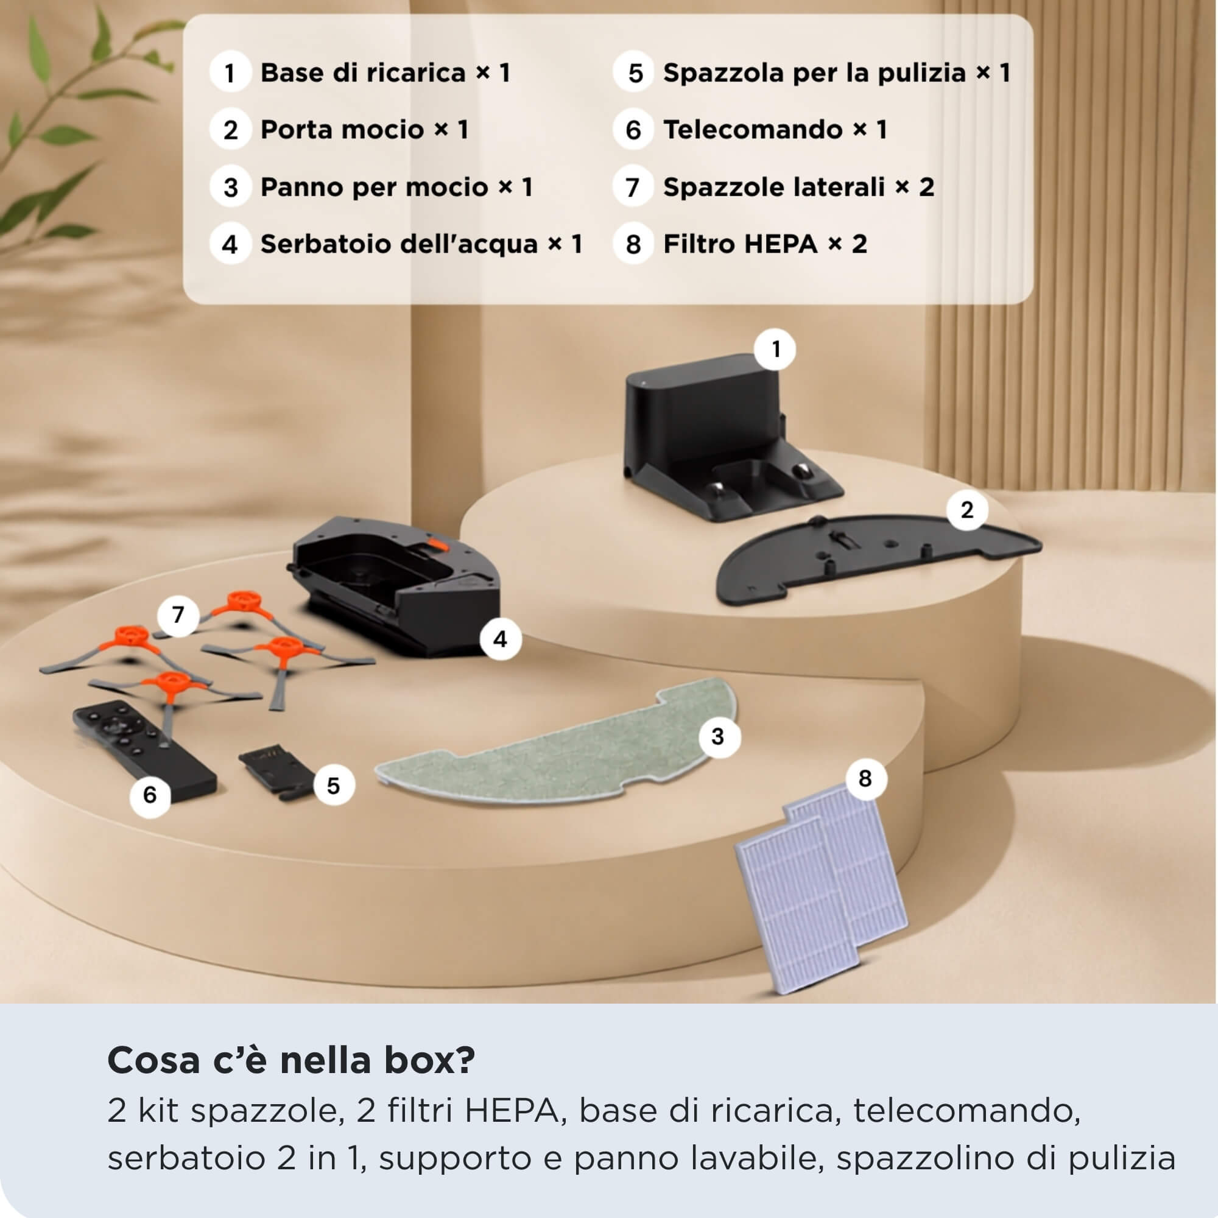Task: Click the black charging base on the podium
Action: point(719,442)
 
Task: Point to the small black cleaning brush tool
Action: point(277,772)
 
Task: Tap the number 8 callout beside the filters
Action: point(865,778)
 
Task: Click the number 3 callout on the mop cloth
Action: point(718,736)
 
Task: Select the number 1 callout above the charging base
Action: point(775,348)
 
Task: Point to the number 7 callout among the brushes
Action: point(178,614)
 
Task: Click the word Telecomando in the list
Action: point(753,129)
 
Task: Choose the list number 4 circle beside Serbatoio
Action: point(230,244)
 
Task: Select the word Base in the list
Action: point(292,72)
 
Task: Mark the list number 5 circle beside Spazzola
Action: point(633,72)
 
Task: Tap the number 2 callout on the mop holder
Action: point(967,510)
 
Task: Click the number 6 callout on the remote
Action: point(150,794)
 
